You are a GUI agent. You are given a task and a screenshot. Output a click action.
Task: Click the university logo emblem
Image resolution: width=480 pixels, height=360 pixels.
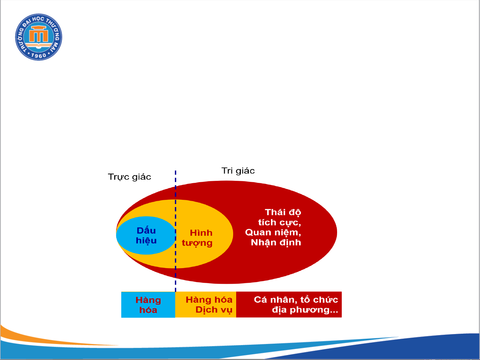(x=39, y=37)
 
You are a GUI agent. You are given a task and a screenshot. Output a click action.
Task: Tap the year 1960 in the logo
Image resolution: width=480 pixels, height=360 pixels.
(x=39, y=56)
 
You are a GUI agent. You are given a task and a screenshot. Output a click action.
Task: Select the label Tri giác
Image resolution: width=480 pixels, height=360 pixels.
(x=238, y=171)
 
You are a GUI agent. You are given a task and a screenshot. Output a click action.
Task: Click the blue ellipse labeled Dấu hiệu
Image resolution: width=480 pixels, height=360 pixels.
(x=146, y=235)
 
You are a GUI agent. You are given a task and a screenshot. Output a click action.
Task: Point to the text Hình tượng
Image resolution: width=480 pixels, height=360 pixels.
(x=197, y=238)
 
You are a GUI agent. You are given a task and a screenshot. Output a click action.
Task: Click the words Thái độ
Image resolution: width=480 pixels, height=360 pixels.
(x=283, y=212)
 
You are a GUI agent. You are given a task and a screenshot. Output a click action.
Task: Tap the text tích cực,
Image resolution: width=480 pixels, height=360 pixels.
(x=280, y=222)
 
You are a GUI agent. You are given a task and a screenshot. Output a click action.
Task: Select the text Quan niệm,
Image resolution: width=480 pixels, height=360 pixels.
(x=273, y=232)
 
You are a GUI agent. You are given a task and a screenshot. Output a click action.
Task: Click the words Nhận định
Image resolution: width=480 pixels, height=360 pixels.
(x=276, y=243)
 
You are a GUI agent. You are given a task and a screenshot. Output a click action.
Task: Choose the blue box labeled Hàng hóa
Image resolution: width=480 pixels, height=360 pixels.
(x=148, y=304)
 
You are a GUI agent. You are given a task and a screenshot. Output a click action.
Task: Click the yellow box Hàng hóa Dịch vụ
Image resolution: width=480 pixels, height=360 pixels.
(x=206, y=304)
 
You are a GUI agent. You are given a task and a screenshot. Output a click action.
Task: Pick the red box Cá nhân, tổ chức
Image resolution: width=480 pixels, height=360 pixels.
(x=289, y=304)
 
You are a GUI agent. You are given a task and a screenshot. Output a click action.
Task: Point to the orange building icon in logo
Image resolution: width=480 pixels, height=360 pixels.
(x=39, y=34)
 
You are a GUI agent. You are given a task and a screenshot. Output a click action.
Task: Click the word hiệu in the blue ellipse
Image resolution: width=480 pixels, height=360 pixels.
(x=146, y=241)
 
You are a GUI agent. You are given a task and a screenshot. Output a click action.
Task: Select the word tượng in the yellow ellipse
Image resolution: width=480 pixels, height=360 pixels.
(x=197, y=243)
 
